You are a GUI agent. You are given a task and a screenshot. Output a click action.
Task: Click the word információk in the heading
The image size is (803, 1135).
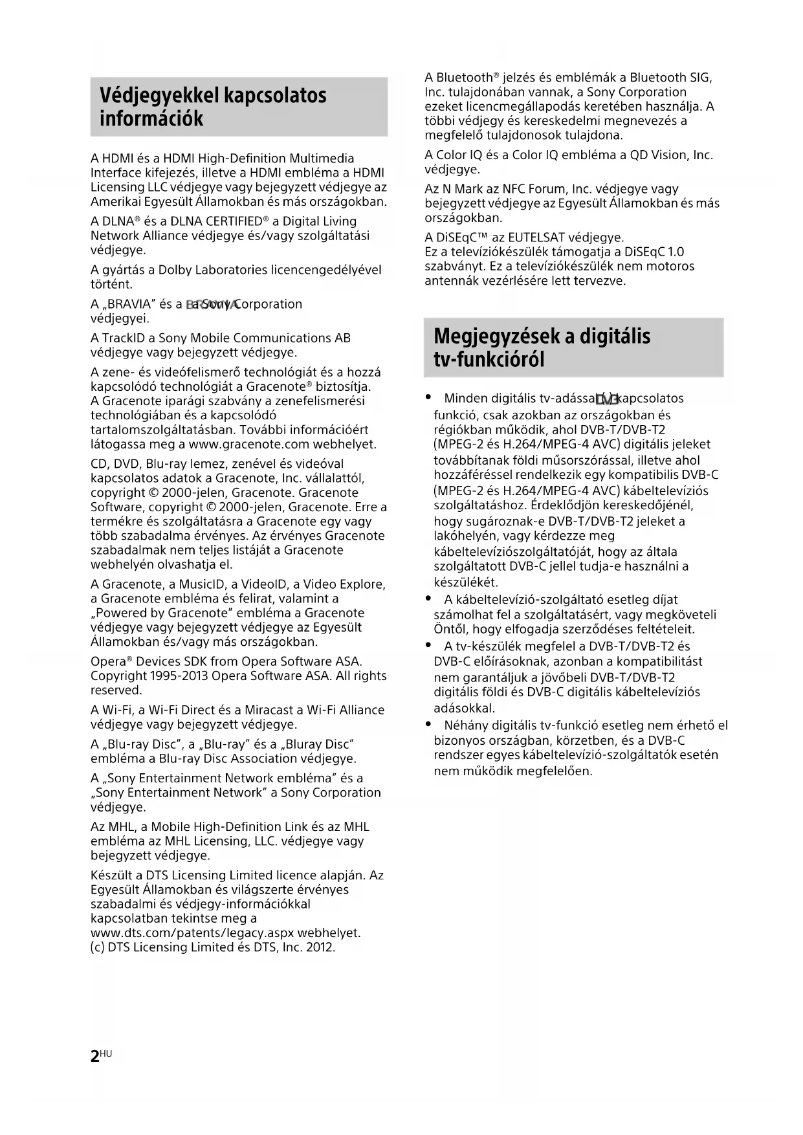click(x=151, y=119)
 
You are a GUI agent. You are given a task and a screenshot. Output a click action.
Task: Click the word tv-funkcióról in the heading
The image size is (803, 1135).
click(x=489, y=360)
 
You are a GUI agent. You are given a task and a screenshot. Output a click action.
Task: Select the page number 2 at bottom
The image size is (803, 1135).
click(x=95, y=1057)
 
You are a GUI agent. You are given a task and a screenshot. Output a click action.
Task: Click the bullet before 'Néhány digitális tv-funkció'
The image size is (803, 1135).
click(x=428, y=724)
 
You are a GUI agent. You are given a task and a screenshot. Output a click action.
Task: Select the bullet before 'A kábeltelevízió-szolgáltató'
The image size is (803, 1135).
click(x=428, y=599)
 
